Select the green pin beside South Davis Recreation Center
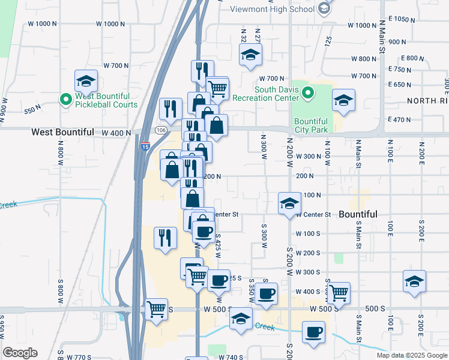(x=308, y=93)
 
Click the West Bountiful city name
(x=62, y=132)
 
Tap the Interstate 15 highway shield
(x=145, y=145)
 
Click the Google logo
(x=20, y=353)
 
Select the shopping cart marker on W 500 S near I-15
(x=156, y=309)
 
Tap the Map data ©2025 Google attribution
(x=411, y=355)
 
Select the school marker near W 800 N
(x=249, y=56)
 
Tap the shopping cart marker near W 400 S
(x=339, y=292)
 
